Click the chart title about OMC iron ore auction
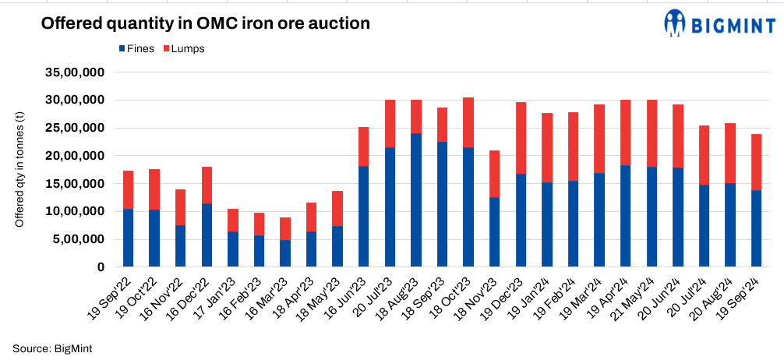point(205,23)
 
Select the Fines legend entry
point(136,48)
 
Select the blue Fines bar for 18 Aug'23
point(415,200)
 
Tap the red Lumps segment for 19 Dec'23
point(520,138)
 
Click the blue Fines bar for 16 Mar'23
point(285,253)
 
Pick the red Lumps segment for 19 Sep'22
point(128,189)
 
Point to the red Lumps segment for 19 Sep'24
point(756,162)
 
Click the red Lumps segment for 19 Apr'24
point(625,132)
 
